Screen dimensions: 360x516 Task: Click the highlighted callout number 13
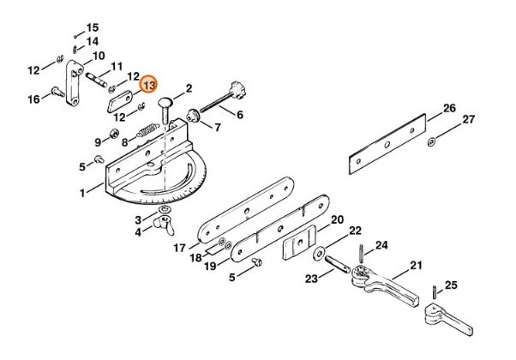pos(149,85)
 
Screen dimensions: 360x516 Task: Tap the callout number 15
pos(93,27)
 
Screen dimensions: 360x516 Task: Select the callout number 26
pos(449,108)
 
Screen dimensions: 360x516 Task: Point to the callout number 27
pos(468,120)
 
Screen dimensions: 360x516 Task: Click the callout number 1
pos(84,194)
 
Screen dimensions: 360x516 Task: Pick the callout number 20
pos(337,219)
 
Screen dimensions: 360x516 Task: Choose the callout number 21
pos(417,265)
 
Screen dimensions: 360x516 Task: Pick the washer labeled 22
pos(319,254)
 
